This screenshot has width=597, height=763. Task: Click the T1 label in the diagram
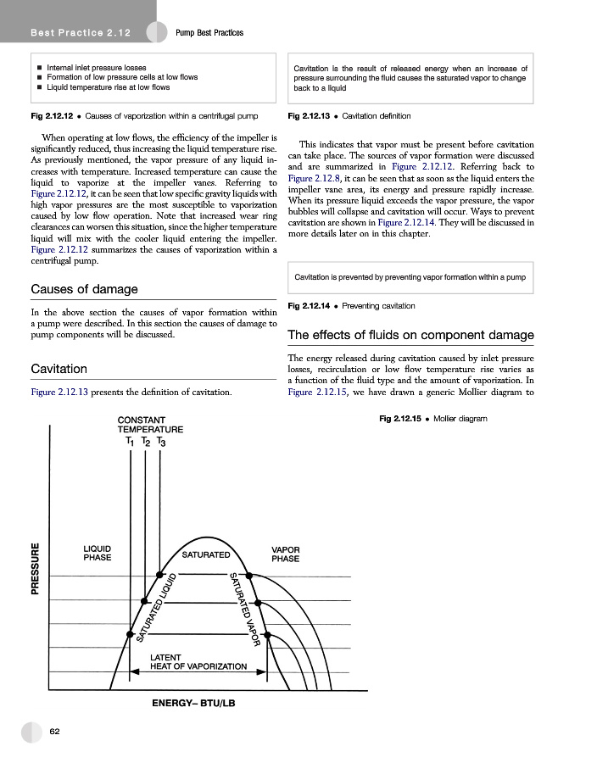click(129, 442)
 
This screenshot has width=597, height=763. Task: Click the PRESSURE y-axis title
click(36, 569)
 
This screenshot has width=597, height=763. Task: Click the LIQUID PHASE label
click(98, 553)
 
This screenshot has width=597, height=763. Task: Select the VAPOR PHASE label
click(285, 554)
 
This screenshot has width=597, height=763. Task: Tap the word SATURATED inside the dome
click(206, 554)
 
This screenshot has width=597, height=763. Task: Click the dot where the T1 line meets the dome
click(130, 634)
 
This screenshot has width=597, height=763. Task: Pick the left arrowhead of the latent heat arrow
click(134, 672)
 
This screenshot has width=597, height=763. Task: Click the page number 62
click(54, 731)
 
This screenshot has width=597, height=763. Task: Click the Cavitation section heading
click(59, 370)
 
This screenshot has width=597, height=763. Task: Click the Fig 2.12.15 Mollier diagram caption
click(432, 419)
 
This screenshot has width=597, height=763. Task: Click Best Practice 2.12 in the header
click(79, 32)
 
